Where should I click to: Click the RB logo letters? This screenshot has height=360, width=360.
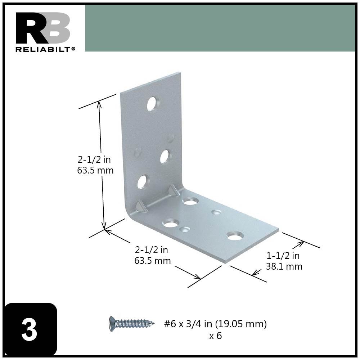tap(42, 28)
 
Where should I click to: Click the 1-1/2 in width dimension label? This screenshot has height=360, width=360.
tap(283, 256)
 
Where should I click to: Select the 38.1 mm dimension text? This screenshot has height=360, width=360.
tap(284, 266)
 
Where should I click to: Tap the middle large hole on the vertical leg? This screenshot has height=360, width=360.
tap(165, 156)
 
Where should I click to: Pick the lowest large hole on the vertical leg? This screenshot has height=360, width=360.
tap(143, 182)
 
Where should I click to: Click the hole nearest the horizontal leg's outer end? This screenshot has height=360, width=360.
tap(235, 236)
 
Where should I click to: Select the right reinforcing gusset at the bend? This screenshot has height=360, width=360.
tap(174, 190)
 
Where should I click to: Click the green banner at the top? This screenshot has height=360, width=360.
tap(220, 28)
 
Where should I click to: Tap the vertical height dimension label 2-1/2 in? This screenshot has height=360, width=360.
tap(95, 159)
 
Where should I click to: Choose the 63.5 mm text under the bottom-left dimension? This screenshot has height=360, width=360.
tap(153, 260)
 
